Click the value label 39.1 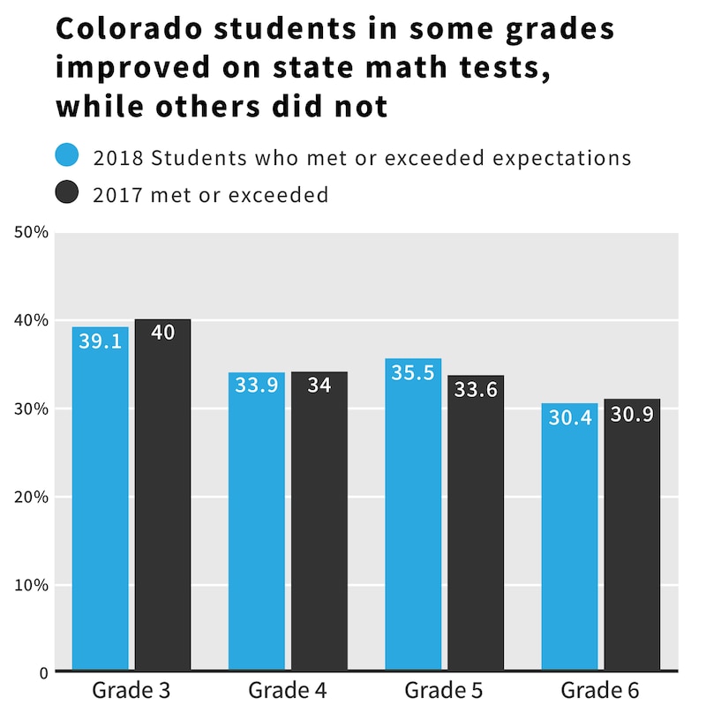[101, 341]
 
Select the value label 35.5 [413, 373]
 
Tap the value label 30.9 [632, 414]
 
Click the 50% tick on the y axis [32, 232]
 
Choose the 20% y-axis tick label [32, 497]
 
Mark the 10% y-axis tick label [32, 585]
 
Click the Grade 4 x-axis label [288, 689]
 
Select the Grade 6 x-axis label [600, 689]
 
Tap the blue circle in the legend [68, 156]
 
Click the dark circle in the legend [68, 193]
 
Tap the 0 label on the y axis [41, 672]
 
